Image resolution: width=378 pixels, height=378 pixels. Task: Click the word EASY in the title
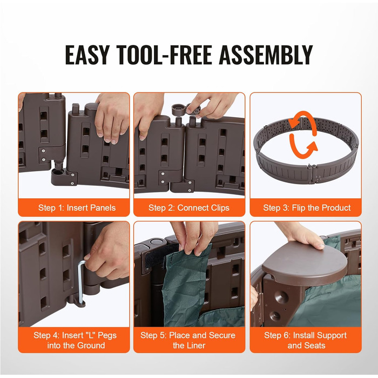(87, 55)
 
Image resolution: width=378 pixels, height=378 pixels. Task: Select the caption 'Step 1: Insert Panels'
(77, 208)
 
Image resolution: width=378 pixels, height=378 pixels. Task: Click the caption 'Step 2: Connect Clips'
(189, 208)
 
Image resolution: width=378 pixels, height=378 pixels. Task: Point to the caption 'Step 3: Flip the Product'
(307, 208)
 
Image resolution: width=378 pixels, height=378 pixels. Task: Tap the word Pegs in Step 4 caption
(106, 335)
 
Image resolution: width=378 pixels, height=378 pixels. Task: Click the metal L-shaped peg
(81, 282)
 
